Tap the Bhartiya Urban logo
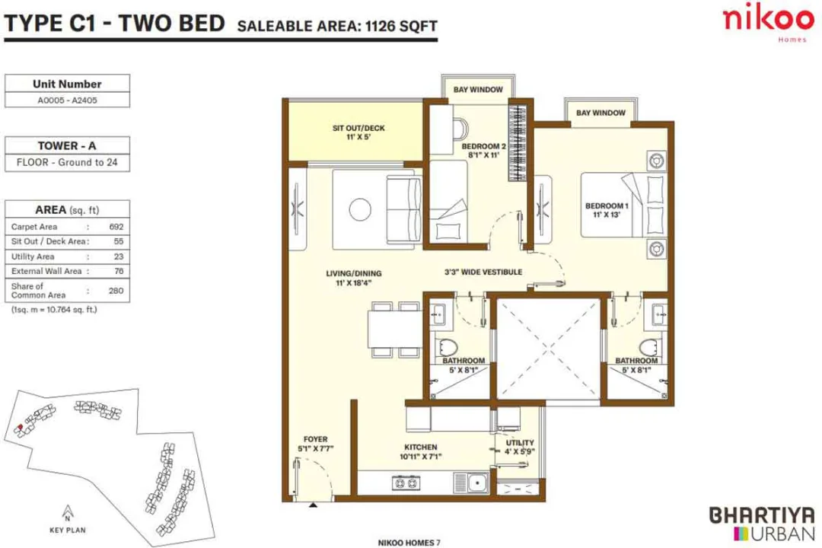coord(761,523)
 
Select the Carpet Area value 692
coord(116,227)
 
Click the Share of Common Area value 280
coord(116,291)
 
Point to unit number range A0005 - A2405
coord(67,99)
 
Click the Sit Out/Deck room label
coord(358,132)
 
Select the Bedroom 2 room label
coord(483,151)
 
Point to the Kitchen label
coord(420,452)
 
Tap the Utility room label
coord(520,447)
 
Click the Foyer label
coord(315,444)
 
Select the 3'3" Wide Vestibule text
coord(483,272)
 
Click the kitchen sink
coord(478,481)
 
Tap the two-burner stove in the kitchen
coord(406,481)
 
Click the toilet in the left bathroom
coord(446,345)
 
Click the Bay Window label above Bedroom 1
coord(601,113)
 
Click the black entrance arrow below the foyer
coord(313,504)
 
